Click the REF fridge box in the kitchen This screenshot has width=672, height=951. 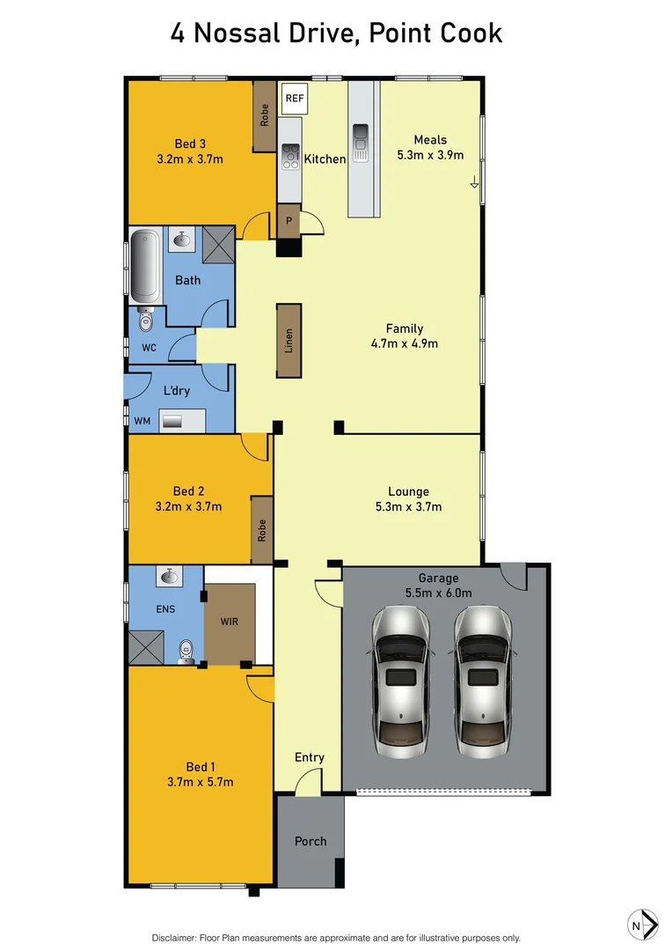294,99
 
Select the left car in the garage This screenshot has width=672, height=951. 401,680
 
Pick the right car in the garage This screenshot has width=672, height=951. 483,680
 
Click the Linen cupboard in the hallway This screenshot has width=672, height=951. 289,341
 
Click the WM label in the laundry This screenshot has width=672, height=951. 142,422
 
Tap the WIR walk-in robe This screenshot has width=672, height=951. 230,623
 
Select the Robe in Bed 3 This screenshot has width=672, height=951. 264,115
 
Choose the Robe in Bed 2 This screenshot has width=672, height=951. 261,530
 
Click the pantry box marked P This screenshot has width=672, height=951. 288,220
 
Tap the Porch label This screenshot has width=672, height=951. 310,841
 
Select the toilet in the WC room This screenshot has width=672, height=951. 146,323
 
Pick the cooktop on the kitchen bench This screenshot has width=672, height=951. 289,156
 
